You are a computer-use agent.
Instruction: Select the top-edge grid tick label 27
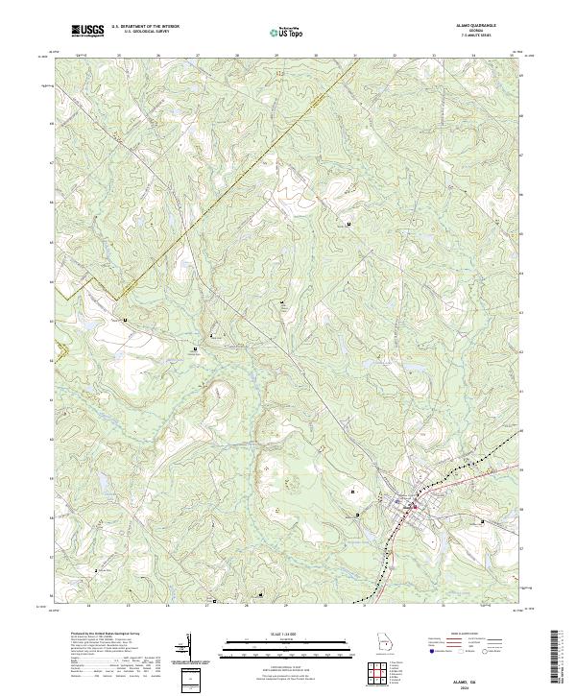[198, 56]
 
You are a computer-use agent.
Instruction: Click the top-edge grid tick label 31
[355, 56]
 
